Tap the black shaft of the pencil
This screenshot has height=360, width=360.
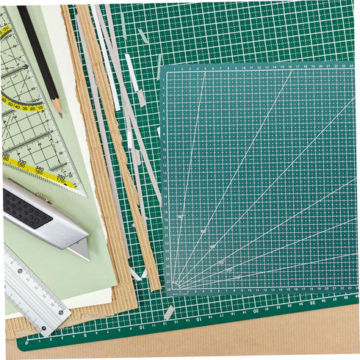pyautogui.click(x=37, y=51)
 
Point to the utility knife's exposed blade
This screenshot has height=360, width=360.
pyautogui.click(x=79, y=248)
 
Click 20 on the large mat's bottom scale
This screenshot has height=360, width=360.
pyautogui.click(x=255, y=310)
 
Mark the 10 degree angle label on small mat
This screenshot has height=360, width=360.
pyautogui.click(x=237, y=278)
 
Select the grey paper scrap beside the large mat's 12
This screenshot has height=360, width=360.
pyautogui.click(x=169, y=312)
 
